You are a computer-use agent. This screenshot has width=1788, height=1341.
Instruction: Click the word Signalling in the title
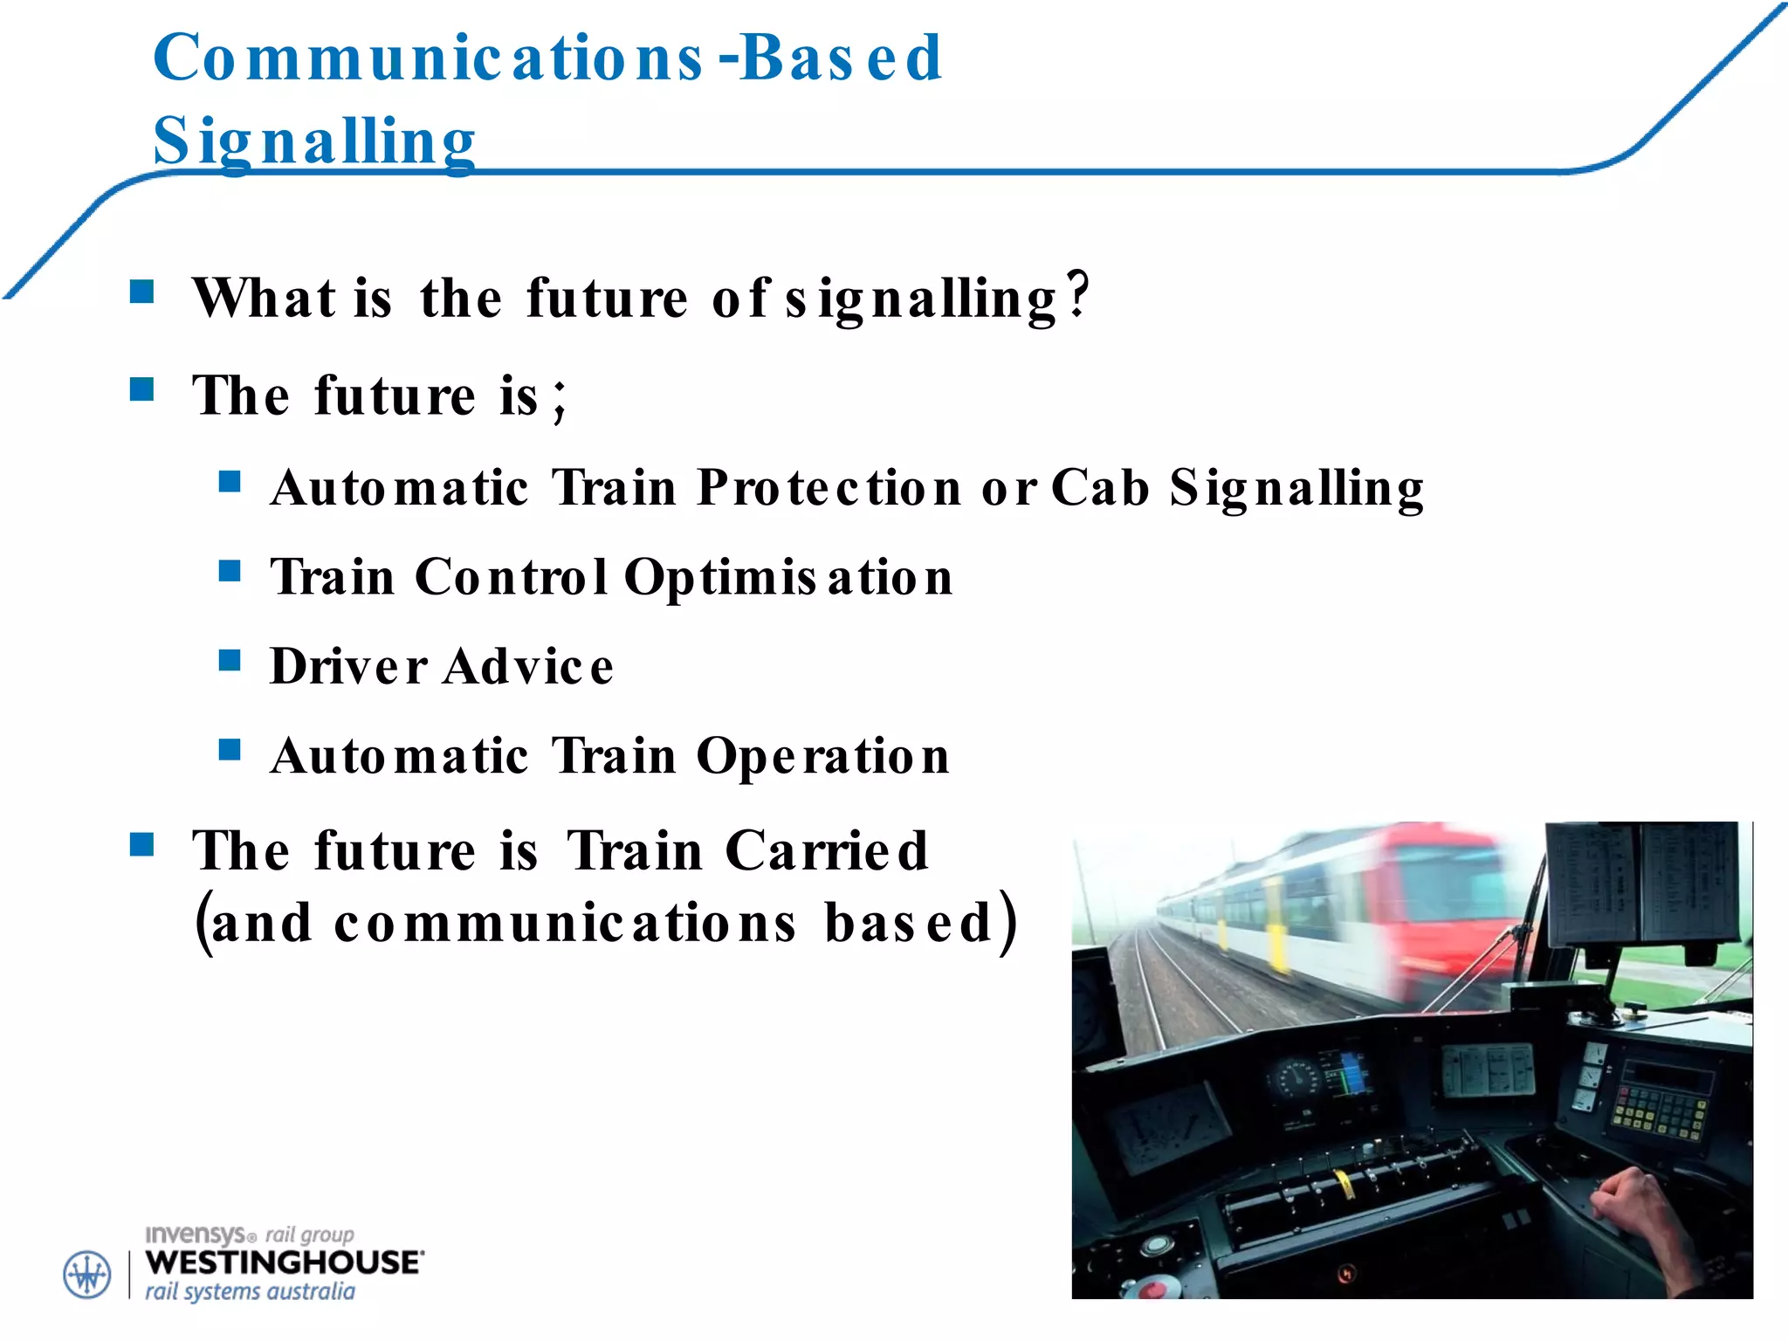click(314, 141)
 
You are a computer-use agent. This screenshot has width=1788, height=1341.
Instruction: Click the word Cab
click(1100, 487)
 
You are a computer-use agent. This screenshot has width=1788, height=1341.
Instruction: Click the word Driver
click(348, 667)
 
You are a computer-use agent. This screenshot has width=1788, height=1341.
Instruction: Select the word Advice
click(529, 667)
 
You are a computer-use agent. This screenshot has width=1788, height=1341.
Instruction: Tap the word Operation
click(822, 756)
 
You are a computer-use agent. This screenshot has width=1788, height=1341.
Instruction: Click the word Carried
click(826, 851)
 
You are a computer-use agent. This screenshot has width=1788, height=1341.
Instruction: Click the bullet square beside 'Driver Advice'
click(230, 660)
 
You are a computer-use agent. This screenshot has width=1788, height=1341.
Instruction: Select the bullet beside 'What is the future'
click(141, 291)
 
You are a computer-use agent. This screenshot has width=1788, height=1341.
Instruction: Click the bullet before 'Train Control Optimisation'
click(230, 571)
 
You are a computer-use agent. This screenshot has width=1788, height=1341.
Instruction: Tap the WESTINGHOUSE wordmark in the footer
click(284, 1262)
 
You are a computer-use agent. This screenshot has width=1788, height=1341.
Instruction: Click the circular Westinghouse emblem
click(87, 1275)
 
